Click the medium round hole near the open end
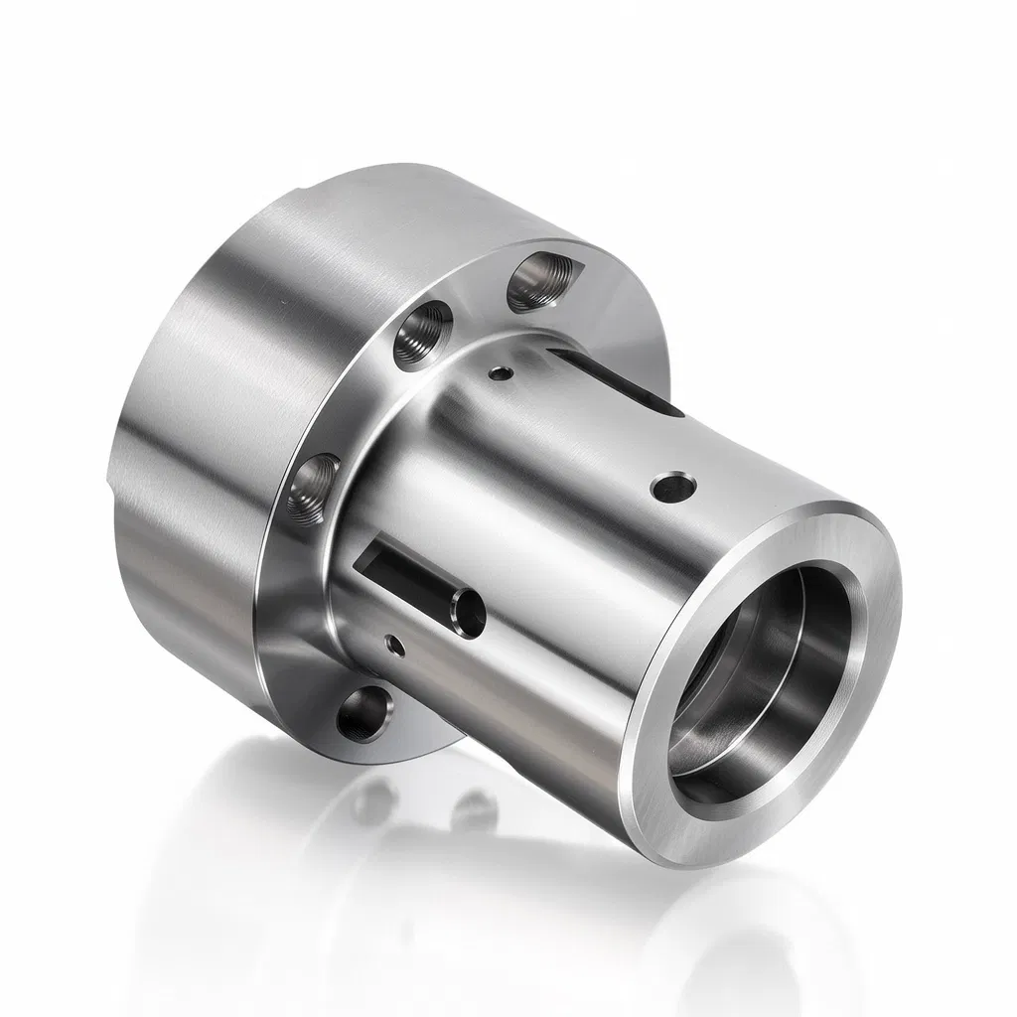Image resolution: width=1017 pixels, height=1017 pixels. pos(672,487)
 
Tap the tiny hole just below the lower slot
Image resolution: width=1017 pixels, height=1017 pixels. pos(395,646)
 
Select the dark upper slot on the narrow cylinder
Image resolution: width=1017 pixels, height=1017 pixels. pos(616,381)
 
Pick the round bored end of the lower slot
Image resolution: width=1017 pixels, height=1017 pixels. pos(466,609)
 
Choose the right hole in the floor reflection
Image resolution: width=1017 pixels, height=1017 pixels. pos(475,809)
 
